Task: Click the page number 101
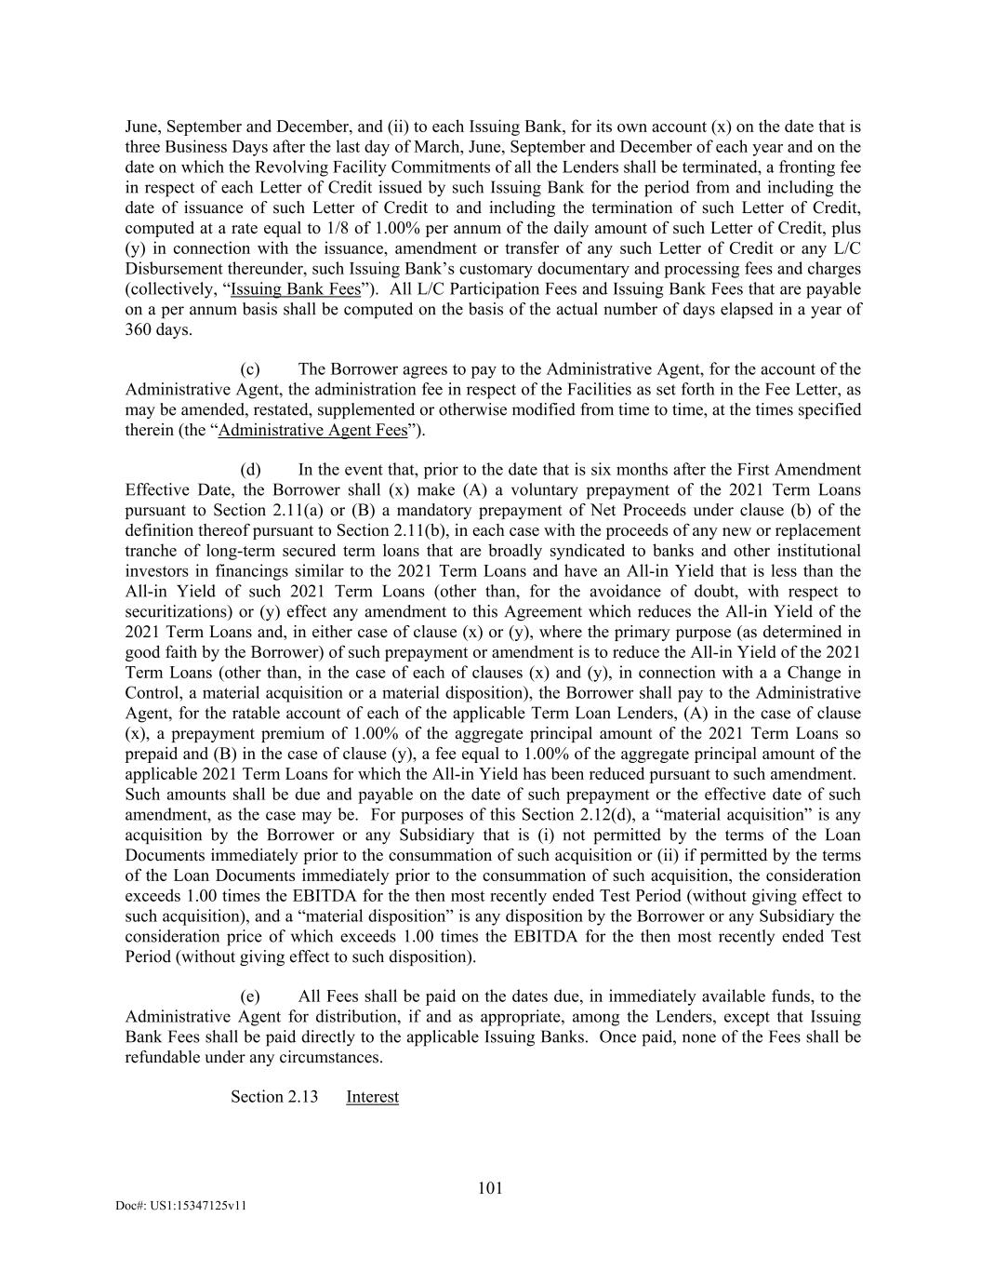click(x=490, y=1187)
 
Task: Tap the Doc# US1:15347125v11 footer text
click(x=181, y=1205)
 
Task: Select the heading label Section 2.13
click(x=274, y=1097)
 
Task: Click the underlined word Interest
click(x=372, y=1097)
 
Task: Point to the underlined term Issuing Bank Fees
click(x=296, y=289)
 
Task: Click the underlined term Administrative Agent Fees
click(x=312, y=430)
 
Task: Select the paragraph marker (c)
click(x=250, y=369)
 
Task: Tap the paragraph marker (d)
click(x=251, y=470)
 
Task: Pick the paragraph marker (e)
click(x=250, y=996)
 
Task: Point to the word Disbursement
click(x=172, y=269)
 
